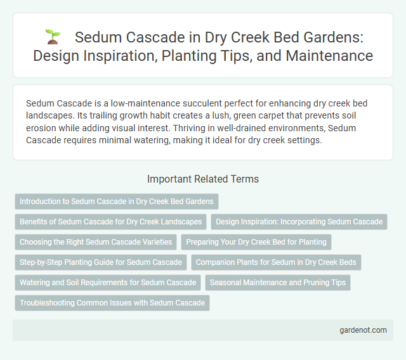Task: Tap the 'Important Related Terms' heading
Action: click(x=202, y=179)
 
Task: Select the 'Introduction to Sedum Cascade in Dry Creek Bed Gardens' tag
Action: click(x=116, y=202)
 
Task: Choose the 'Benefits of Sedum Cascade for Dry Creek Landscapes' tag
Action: click(x=110, y=222)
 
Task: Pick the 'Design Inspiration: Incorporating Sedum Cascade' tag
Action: click(x=298, y=222)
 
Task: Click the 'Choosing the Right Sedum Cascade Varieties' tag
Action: click(x=96, y=242)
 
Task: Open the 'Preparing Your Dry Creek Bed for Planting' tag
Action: click(x=256, y=242)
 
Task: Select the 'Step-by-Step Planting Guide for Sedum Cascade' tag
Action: click(x=101, y=262)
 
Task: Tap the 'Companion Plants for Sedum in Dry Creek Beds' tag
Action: click(x=276, y=262)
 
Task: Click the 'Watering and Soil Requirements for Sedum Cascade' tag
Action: click(x=108, y=283)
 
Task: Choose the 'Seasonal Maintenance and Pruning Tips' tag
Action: click(x=277, y=283)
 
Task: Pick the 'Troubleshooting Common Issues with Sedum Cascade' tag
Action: click(x=112, y=303)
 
